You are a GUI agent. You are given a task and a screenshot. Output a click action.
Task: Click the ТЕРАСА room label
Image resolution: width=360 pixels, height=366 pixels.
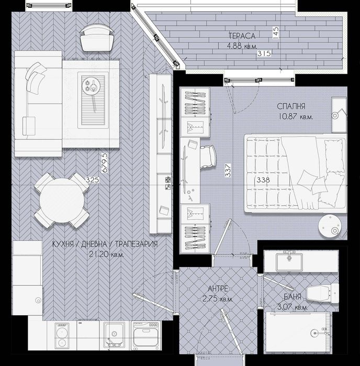(x=242, y=36)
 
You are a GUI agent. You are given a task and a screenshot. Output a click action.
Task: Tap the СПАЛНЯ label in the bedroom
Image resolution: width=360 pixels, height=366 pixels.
(x=291, y=106)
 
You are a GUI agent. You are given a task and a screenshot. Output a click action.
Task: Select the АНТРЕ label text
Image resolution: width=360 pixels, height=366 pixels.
(x=218, y=289)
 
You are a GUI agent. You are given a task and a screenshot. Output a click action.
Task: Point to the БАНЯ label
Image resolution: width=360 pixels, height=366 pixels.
(x=292, y=297)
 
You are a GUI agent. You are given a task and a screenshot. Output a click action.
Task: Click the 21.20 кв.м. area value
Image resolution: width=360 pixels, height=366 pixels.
(x=106, y=254)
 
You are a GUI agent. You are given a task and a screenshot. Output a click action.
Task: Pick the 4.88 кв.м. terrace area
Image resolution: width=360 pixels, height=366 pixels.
(x=242, y=46)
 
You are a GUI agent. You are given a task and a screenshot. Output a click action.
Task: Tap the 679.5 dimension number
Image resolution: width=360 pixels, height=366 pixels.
(x=105, y=163)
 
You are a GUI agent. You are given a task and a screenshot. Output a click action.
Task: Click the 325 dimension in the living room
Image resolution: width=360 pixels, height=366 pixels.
(x=93, y=180)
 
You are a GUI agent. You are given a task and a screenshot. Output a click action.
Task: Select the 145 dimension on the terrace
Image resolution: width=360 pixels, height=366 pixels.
(x=276, y=33)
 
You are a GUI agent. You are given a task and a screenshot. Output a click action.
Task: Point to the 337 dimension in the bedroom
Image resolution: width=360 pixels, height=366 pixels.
(x=228, y=170)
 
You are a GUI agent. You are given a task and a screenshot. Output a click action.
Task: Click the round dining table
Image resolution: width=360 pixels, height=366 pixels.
(x=62, y=200)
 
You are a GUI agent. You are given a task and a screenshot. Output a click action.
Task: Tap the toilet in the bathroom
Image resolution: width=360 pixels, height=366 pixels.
(x=322, y=293)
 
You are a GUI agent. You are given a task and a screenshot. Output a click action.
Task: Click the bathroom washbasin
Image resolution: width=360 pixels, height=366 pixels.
(x=289, y=261)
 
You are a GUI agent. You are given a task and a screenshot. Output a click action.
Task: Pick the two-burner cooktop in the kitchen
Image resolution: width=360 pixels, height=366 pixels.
(x=62, y=336)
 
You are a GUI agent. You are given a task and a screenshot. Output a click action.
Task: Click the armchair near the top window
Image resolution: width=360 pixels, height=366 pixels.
(x=97, y=38)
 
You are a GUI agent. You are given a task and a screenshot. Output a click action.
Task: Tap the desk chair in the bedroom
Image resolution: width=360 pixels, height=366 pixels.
(x=208, y=157)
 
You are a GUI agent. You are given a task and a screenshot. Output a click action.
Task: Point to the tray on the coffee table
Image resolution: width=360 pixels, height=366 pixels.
(x=93, y=100)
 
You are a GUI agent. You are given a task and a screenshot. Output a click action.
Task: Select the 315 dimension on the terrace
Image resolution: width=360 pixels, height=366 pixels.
(x=264, y=53)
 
